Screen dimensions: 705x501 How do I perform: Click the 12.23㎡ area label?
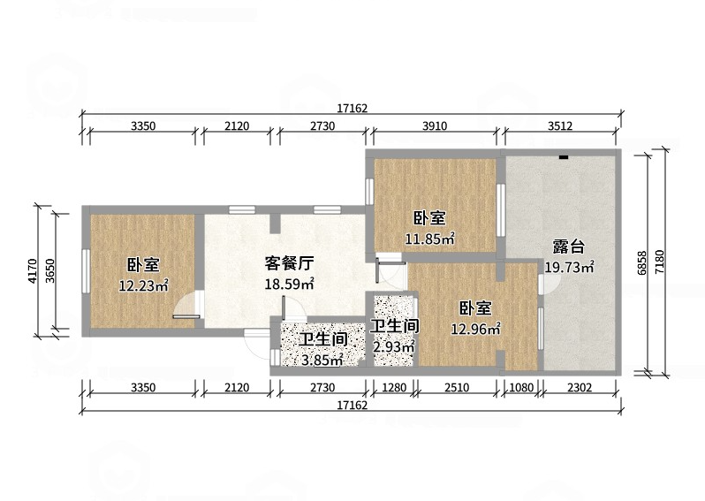[x=143, y=285]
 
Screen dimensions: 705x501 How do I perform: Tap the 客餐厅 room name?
[x=289, y=263]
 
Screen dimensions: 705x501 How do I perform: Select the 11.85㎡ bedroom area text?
[x=430, y=239]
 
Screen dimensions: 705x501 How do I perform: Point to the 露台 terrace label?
[x=569, y=247]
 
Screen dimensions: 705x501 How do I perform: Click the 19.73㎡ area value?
[x=570, y=267]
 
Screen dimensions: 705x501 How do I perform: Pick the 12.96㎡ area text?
[x=475, y=330]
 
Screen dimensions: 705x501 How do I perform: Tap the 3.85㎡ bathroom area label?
[x=322, y=360]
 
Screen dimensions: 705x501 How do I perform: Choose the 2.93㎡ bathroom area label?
[x=394, y=346]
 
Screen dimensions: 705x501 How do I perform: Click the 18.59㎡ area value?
[x=289, y=285]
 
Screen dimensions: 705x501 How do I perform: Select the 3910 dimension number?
[x=435, y=126]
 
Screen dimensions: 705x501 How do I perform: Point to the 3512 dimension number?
[x=560, y=126]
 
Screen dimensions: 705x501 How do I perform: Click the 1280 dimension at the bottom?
[x=394, y=387]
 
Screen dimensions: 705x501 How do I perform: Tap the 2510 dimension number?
[x=457, y=387]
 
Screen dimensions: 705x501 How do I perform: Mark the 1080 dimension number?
[x=521, y=387]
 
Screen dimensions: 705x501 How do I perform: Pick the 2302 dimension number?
[x=580, y=387]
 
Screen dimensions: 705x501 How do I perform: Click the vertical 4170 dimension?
[x=32, y=270]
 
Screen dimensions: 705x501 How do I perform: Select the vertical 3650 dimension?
[x=50, y=270]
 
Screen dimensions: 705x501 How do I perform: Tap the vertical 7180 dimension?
[x=659, y=262]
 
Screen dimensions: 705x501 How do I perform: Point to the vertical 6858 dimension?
[x=642, y=262]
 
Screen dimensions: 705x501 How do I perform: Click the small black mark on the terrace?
[x=564, y=157]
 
